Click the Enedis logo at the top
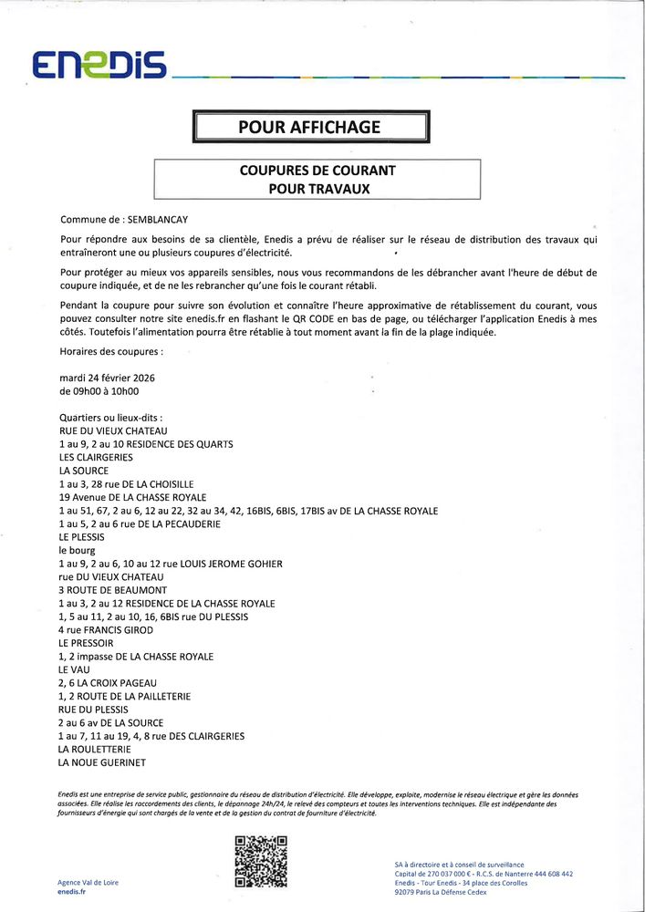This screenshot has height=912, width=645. coord(98,65)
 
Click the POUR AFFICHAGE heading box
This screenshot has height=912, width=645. coord(309,128)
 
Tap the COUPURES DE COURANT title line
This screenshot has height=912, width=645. coord(317,171)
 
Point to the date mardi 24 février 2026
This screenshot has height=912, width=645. coord(107,378)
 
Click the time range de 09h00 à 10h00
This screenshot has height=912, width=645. coord(99,391)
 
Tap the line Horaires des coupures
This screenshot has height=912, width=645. coord(111,350)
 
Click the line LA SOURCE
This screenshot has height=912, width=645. coord(84,471)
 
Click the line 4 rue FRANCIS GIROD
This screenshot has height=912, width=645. coord(105,630)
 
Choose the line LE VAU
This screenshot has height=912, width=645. coord(74,669)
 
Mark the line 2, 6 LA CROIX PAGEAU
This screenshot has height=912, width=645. coord(108,683)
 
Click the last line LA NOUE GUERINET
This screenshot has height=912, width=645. coord(102,762)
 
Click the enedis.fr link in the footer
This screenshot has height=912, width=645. coord(71,894)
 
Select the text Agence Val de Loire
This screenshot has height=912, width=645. coord(88,882)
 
